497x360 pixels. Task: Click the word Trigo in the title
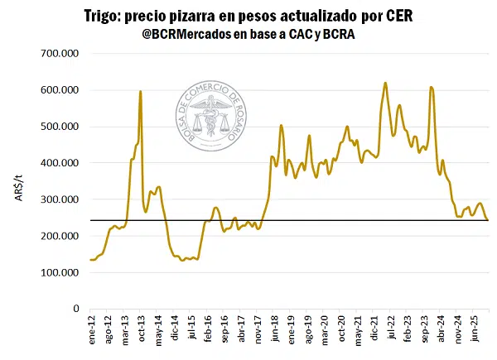[x=104, y=16]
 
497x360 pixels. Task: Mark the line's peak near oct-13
[x=140, y=92]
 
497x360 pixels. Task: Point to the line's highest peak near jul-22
[x=385, y=83]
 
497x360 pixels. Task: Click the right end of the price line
[x=487, y=220]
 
